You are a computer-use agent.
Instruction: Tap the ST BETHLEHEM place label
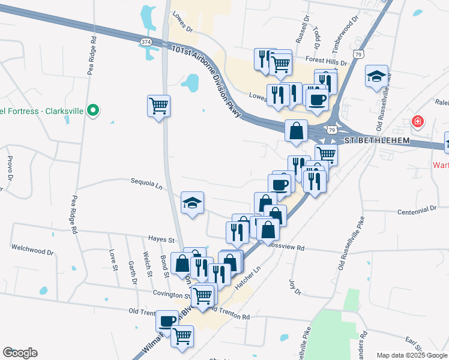377,140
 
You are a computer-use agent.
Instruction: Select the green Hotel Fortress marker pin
93,110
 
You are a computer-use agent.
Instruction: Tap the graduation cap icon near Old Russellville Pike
376,76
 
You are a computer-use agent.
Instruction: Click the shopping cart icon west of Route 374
158,106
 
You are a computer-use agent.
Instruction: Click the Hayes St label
161,239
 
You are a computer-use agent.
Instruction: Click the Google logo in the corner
20,353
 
